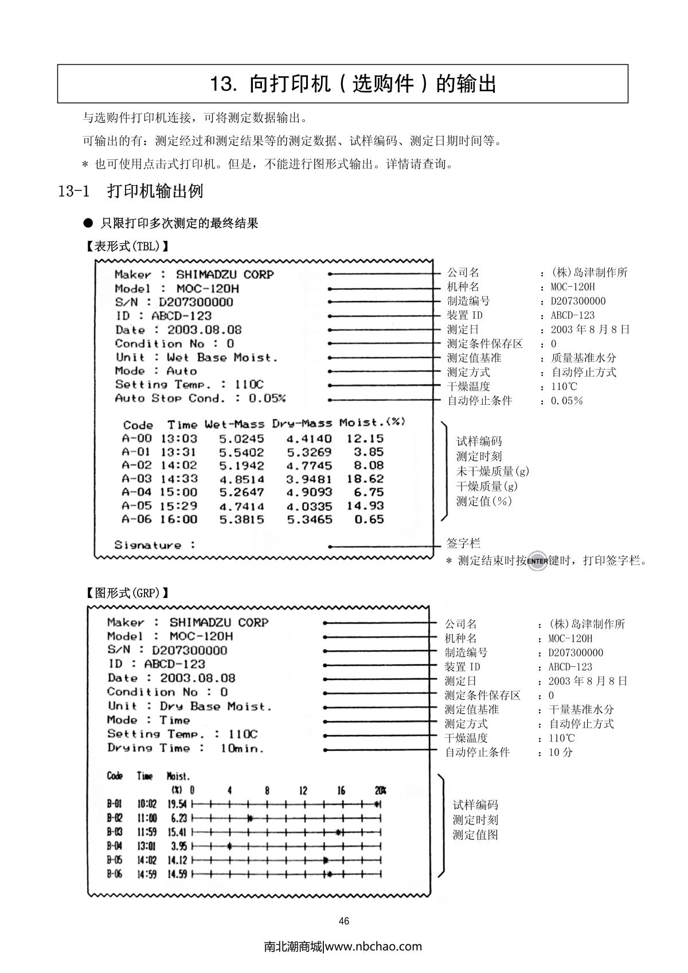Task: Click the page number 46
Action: (344, 921)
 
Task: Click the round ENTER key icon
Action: (537, 560)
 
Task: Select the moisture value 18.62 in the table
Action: (365, 479)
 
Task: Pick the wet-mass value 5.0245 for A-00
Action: (241, 439)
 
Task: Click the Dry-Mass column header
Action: (302, 424)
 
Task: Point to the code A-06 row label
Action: (136, 519)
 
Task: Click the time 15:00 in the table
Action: (178, 492)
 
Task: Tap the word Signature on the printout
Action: (147, 545)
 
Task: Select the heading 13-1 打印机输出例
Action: (131, 191)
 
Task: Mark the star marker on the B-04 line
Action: (229, 846)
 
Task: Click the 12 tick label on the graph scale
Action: (303, 791)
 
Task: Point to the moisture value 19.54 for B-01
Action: (177, 804)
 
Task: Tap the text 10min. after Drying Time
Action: (243, 748)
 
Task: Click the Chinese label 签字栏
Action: (463, 543)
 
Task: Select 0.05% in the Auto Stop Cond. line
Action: (267, 398)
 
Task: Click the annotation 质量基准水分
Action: (583, 358)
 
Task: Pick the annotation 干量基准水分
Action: (581, 709)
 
